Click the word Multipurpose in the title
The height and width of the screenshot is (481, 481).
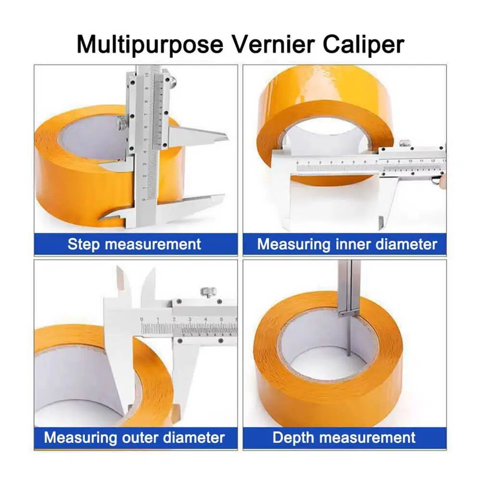pos(150,45)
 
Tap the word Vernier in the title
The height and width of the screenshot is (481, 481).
pos(273,44)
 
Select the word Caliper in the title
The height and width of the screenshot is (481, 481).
pos(364,45)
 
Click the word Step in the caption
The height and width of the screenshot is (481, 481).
pos(84,244)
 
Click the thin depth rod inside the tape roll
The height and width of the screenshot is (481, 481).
pos(349,336)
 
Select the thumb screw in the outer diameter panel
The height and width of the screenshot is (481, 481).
pos(208,292)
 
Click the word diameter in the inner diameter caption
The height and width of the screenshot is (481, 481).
pos(406,244)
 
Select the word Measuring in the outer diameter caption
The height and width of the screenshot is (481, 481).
pos(80,438)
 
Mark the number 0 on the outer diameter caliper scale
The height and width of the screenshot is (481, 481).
pos(141,319)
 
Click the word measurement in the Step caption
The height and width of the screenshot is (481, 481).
pos(153,244)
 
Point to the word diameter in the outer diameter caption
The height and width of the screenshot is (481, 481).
pos(194,437)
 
